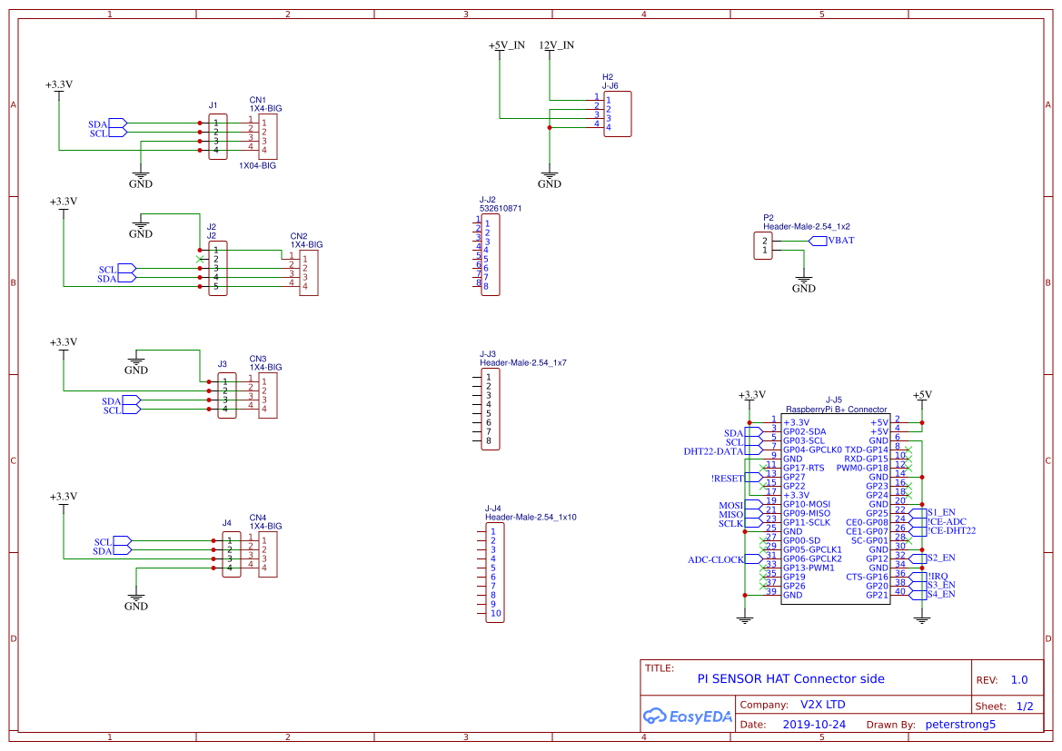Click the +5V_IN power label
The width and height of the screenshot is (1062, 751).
[x=506, y=45]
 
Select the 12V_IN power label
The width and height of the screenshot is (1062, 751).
[x=556, y=45]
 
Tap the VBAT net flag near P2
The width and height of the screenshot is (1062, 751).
[x=839, y=241]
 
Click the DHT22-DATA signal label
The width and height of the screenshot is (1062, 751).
[x=713, y=451]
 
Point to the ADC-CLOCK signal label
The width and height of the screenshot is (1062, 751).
[x=715, y=560]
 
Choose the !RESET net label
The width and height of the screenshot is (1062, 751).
[x=727, y=479]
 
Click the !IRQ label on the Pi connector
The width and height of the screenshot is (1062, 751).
[x=938, y=576]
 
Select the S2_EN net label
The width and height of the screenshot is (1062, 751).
[x=941, y=558]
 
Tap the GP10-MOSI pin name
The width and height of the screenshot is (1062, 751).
[x=806, y=504]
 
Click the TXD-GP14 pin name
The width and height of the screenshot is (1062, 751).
[x=866, y=450]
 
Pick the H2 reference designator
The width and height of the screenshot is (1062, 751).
[x=608, y=77]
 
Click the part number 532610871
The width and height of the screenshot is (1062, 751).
[x=501, y=209]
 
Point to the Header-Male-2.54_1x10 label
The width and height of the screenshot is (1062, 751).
[x=531, y=517]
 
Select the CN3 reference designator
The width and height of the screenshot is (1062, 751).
[x=257, y=359]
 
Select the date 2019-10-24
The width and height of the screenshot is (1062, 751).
[x=814, y=725]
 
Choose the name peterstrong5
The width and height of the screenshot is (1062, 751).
[x=960, y=725]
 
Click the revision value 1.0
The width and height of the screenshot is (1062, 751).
[x=1019, y=680]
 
